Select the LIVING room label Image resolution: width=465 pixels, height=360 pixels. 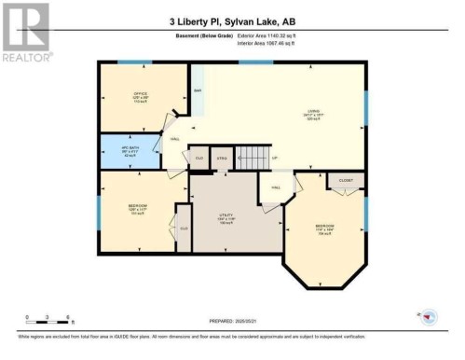click(313, 114)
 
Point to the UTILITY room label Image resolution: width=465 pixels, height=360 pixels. click(226, 216)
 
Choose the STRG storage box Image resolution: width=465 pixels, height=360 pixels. click(221, 159)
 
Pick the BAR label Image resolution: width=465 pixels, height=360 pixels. click(198, 90)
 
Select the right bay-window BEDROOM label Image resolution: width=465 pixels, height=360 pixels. click(325, 227)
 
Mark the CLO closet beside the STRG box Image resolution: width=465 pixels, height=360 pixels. click(198, 159)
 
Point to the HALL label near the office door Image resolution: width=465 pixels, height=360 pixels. click(174, 140)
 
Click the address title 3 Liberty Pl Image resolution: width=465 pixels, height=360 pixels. click(232, 21)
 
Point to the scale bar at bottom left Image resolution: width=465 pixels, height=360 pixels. click(42, 322)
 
